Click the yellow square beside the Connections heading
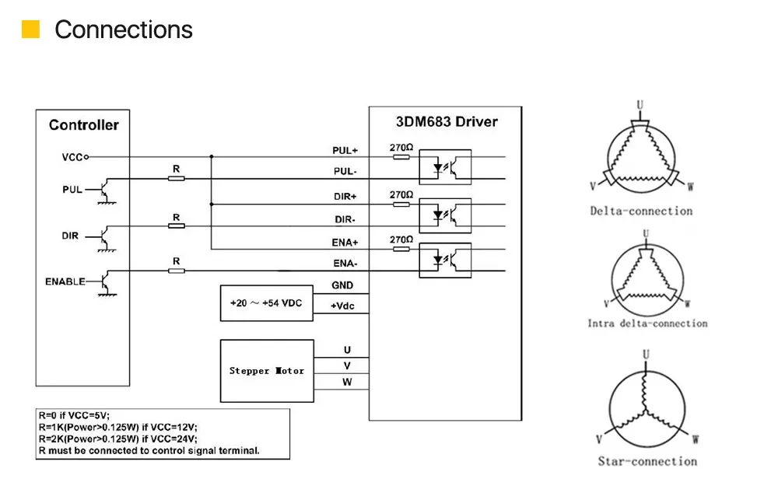click(31, 30)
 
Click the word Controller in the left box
click(84, 125)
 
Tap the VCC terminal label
click(72, 157)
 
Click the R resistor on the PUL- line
click(176, 178)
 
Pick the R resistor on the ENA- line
click(176, 271)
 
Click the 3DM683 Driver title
click(447, 122)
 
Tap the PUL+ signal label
click(345, 150)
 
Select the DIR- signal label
click(345, 219)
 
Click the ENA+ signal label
click(345, 243)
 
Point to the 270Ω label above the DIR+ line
click(401, 194)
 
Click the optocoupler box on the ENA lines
click(445, 260)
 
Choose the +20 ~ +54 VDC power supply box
click(266, 303)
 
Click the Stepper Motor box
click(267, 371)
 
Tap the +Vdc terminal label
click(342, 306)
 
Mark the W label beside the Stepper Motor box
click(347, 382)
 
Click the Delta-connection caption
click(641, 211)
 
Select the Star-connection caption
click(647, 461)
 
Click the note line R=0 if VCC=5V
click(74, 416)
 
